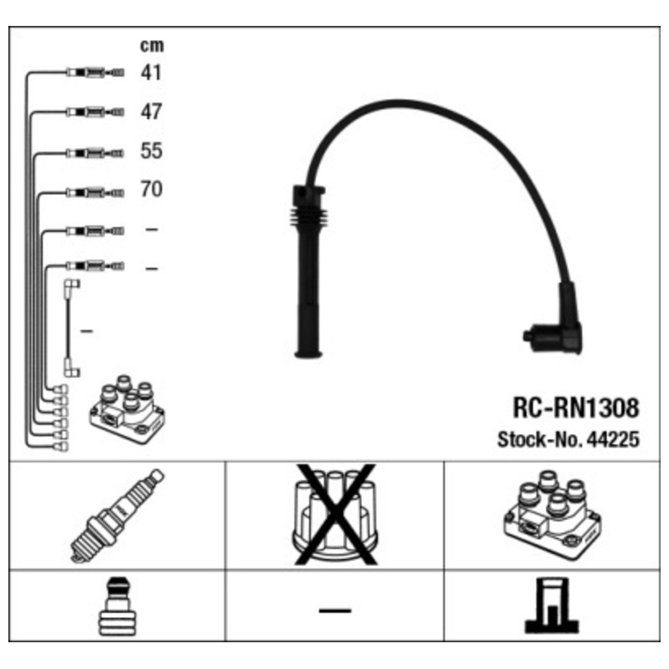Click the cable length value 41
(x=151, y=73)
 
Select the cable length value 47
(x=151, y=112)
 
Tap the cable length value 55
(x=151, y=151)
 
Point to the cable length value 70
(x=151, y=189)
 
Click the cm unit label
(x=152, y=45)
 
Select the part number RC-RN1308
(x=575, y=407)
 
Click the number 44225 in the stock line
(x=613, y=439)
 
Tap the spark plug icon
(x=117, y=516)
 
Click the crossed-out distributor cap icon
(x=335, y=515)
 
